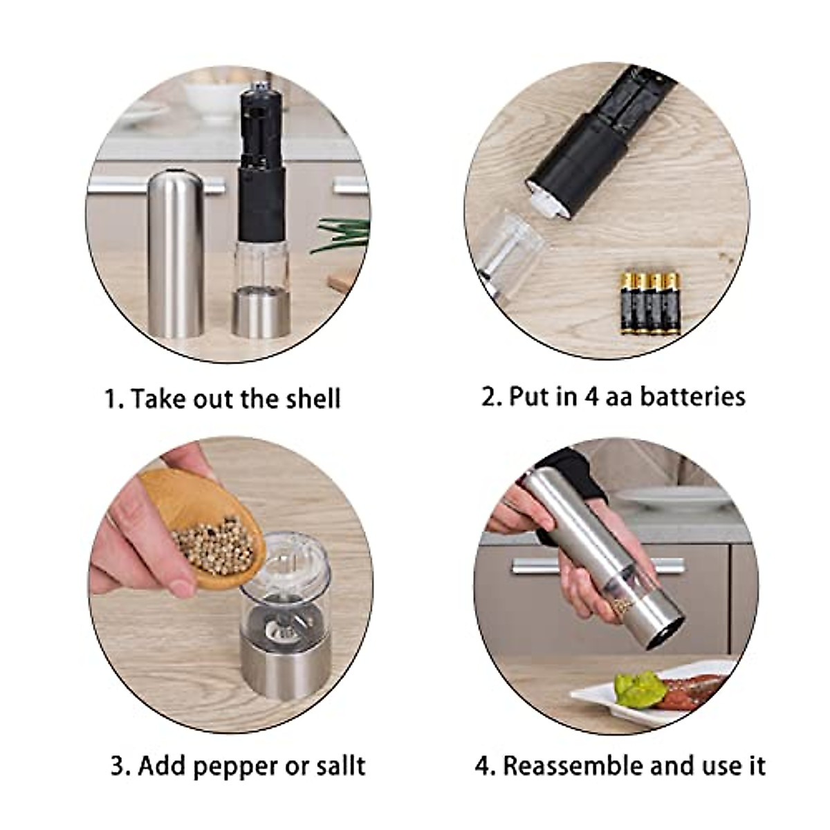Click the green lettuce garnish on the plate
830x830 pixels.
pyautogui.click(x=640, y=689)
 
